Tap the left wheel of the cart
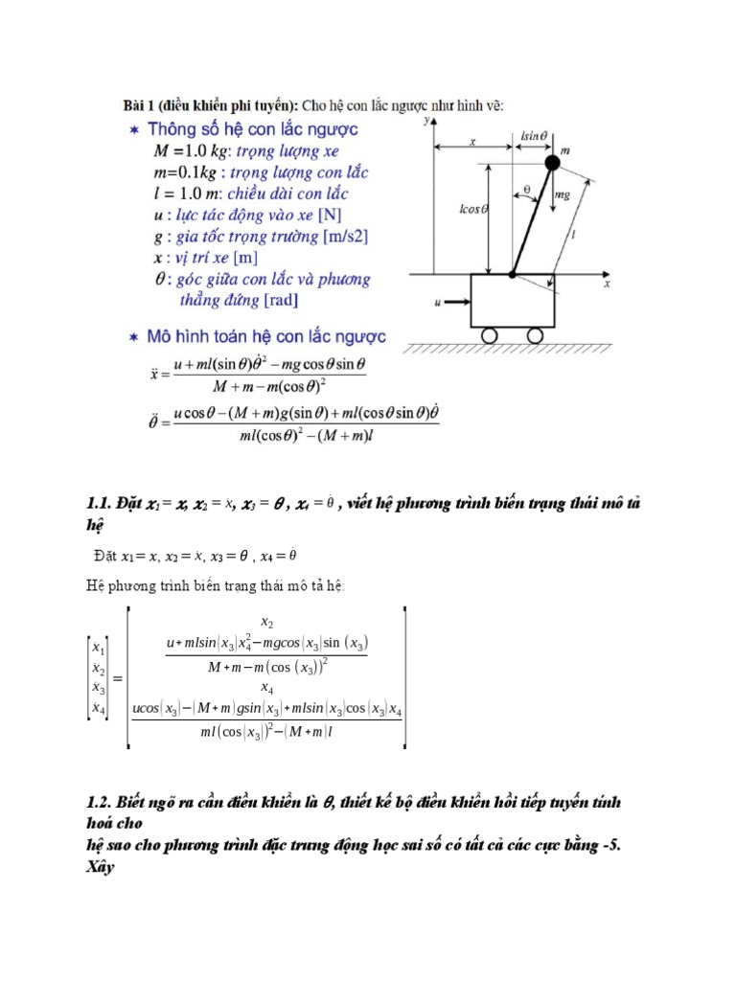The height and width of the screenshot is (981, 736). coord(489,335)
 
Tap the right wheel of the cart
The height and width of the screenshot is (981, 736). coord(536,335)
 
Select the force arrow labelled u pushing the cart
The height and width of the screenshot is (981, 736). coord(456,303)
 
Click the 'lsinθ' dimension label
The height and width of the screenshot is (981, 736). coord(533,136)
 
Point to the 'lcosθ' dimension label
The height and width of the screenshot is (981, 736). coord(474,209)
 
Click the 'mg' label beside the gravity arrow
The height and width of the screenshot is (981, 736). coord(563,194)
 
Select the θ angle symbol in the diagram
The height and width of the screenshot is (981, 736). coord(527,190)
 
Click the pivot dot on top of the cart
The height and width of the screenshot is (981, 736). coord(512,274)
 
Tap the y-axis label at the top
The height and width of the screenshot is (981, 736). coord(425,122)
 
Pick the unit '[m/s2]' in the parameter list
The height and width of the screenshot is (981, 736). coord(345,236)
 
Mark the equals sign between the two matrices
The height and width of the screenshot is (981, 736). coord(119,678)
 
